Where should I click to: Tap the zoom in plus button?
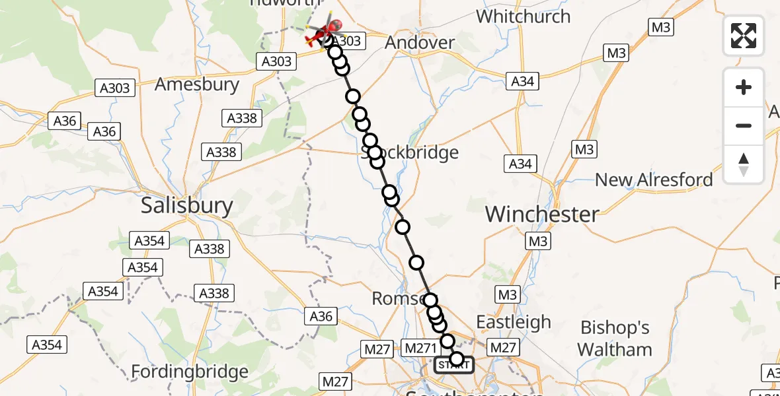744,87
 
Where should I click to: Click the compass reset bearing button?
744,164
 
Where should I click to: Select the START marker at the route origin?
453,365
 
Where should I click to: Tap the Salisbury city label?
187,206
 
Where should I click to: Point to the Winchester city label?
542,214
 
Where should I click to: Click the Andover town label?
420,43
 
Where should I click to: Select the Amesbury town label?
196,84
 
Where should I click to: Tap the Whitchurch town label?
523,16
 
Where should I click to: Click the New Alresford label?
654,180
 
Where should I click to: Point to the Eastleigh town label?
514,322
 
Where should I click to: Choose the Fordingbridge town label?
190,372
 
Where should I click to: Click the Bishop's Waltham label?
615,339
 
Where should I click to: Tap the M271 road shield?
420,348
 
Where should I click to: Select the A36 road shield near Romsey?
321,317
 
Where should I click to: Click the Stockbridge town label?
410,153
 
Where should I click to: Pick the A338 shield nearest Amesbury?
243,118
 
